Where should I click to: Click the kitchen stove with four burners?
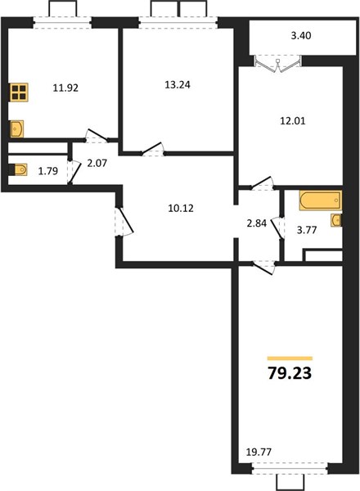click(19, 92)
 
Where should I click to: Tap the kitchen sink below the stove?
click(16, 128)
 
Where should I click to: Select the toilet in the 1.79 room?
click(18, 169)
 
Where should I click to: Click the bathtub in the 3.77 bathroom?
click(321, 200)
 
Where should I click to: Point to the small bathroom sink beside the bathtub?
click(336, 220)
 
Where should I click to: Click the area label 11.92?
click(65, 88)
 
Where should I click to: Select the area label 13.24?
click(178, 84)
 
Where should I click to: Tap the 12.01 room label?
click(292, 120)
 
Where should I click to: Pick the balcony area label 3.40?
click(301, 36)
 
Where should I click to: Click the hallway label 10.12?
click(181, 208)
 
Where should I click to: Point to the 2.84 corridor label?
click(257, 223)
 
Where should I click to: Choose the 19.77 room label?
click(259, 453)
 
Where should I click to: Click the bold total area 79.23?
click(290, 373)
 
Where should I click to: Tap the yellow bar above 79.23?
click(290, 358)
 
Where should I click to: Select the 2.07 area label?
click(97, 163)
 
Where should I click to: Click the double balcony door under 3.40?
click(278, 64)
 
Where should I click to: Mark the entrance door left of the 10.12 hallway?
click(124, 221)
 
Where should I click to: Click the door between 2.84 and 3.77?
click(277, 228)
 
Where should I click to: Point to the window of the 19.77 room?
click(290, 469)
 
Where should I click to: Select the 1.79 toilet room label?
click(48, 171)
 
